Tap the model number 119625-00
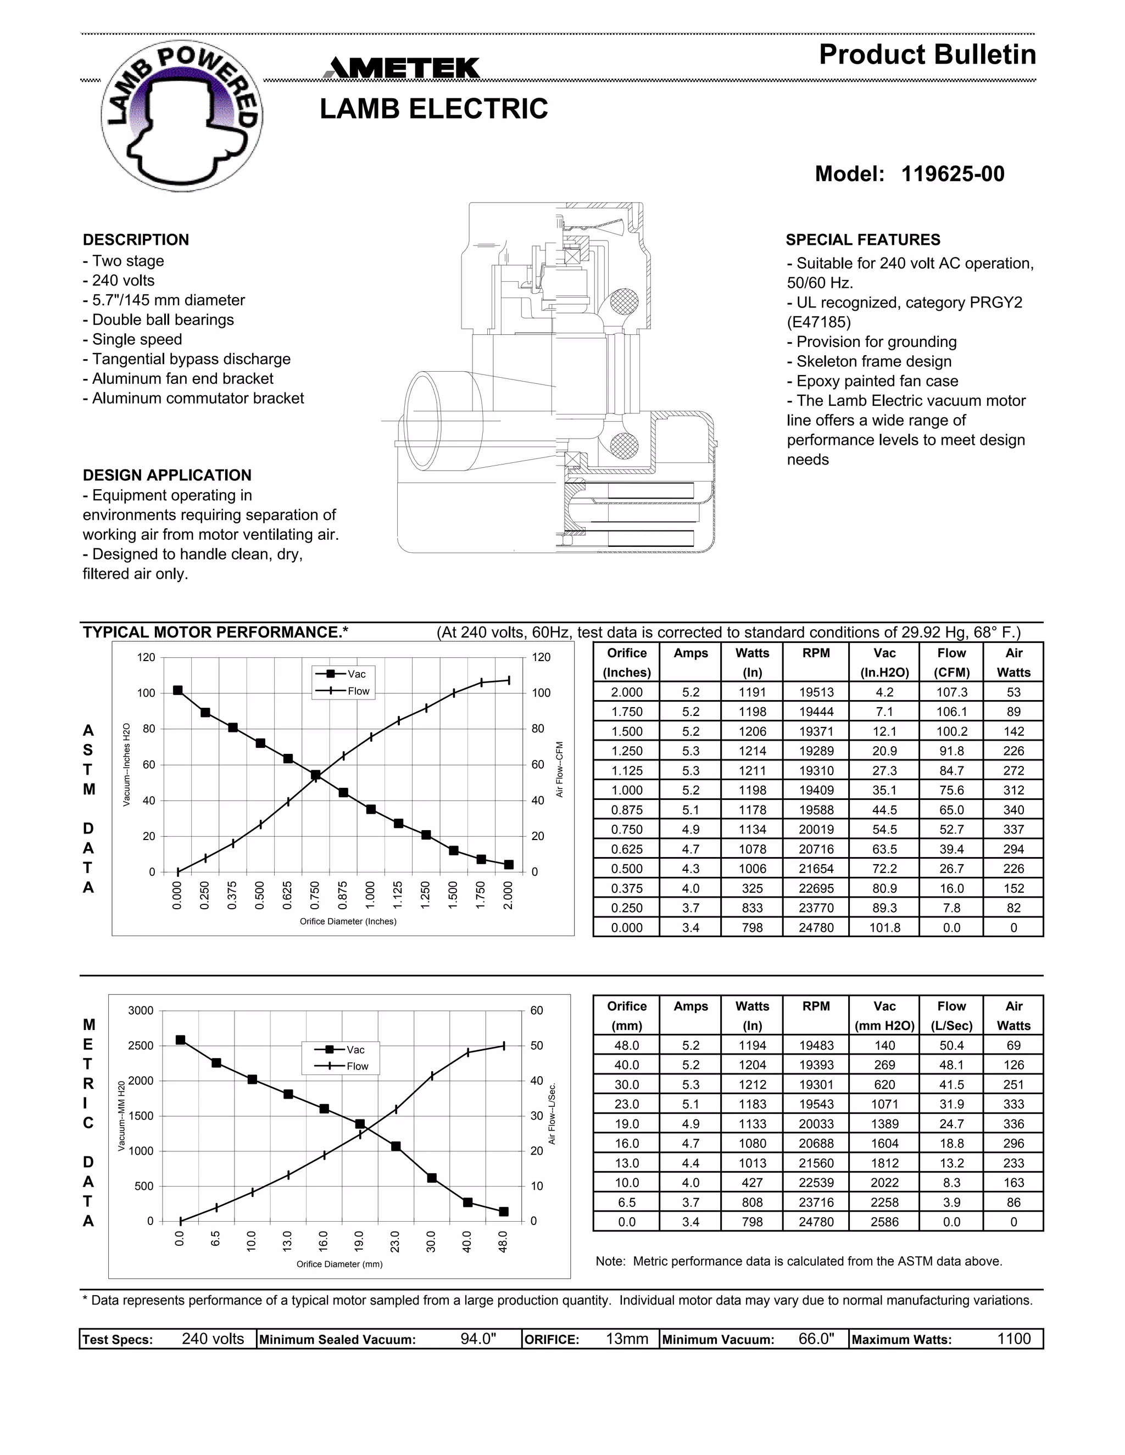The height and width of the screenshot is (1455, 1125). [952, 174]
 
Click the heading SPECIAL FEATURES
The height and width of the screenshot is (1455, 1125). [862, 240]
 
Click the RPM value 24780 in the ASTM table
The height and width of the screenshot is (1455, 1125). [816, 927]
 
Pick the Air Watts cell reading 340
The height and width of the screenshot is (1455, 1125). [1013, 810]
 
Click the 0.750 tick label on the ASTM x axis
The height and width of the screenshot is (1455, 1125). [315, 896]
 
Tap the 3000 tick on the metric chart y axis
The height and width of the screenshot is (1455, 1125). [141, 1011]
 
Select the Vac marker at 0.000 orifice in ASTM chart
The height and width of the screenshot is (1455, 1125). [178, 690]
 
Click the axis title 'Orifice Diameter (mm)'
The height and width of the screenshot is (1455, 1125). [339, 1264]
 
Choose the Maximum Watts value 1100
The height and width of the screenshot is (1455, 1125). [1013, 1339]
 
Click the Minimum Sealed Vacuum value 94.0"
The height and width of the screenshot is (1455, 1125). [478, 1339]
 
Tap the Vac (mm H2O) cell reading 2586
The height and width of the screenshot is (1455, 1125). [884, 1222]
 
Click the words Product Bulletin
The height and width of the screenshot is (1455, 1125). [927, 54]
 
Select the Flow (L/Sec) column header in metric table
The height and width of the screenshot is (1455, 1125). [951, 1016]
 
